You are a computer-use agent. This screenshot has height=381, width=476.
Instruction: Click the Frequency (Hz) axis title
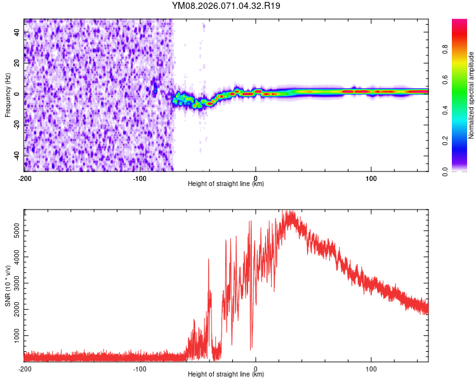click(x=8, y=95)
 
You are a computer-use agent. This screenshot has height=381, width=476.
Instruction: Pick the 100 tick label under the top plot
click(x=371, y=177)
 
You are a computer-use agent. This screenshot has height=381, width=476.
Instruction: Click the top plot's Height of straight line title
click(x=226, y=184)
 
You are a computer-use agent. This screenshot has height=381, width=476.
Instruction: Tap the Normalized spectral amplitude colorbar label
click(x=471, y=95)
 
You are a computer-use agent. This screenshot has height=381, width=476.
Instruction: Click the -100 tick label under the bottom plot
click(x=140, y=368)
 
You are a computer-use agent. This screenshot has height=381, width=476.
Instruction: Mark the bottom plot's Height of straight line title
click(x=226, y=375)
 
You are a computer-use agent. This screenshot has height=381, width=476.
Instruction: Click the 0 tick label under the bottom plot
click(x=256, y=368)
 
